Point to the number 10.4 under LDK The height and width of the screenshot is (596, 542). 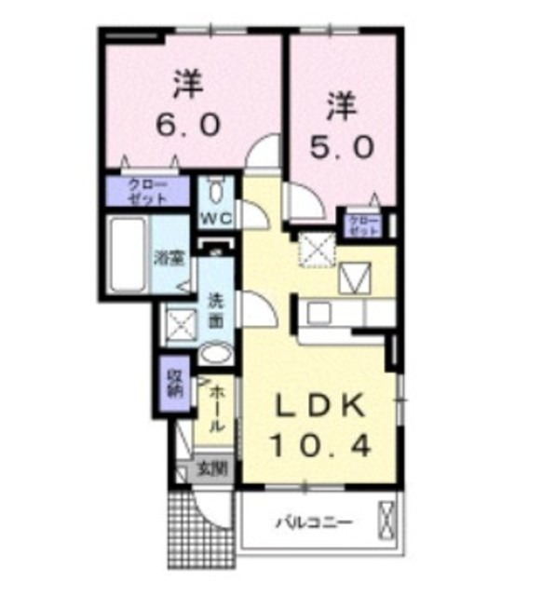pyautogui.click(x=321, y=446)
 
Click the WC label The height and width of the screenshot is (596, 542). pyautogui.click(x=219, y=219)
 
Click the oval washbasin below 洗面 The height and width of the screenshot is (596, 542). pyautogui.click(x=216, y=355)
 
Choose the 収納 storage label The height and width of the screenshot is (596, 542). pyautogui.click(x=174, y=385)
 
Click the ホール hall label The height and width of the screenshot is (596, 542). pyautogui.click(x=217, y=409)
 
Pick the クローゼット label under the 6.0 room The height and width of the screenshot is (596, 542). pyautogui.click(x=146, y=193)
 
